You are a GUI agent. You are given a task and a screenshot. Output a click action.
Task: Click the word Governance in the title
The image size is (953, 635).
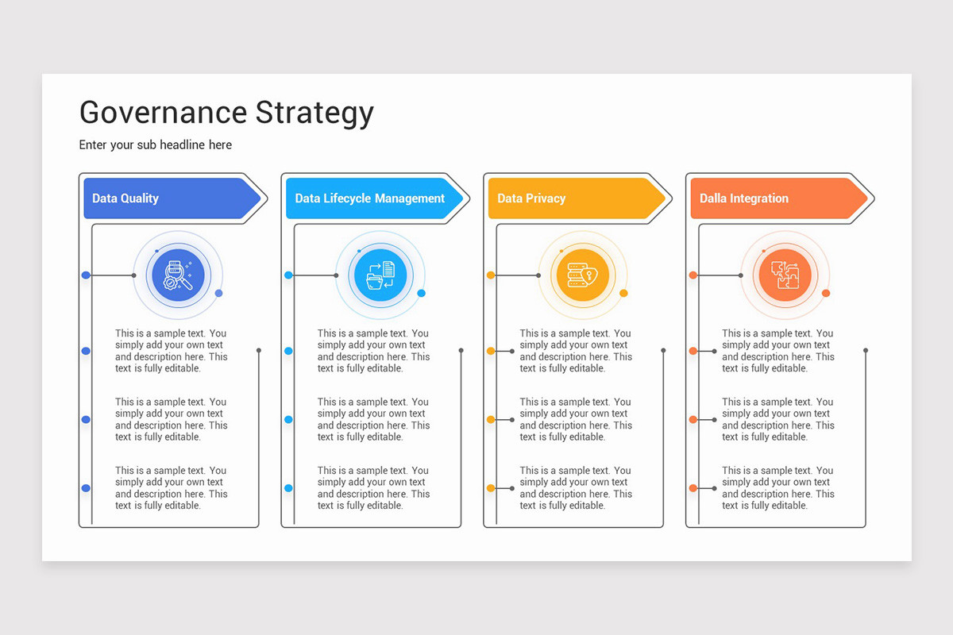(162, 113)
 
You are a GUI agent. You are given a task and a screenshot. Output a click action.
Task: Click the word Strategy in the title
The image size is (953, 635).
(314, 113)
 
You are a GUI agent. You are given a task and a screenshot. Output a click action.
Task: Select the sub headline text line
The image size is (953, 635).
(156, 144)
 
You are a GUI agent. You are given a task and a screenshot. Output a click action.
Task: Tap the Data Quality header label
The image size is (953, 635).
(125, 198)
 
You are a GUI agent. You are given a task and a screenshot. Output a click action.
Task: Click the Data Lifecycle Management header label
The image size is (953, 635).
(369, 198)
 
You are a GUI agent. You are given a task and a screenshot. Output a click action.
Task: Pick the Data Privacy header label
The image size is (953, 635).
(531, 198)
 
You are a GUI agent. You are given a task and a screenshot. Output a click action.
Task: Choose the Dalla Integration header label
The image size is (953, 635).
(744, 198)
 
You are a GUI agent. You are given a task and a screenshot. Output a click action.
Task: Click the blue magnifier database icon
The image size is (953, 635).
(178, 275)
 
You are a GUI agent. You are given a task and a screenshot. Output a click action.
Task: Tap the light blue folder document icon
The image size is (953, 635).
(380, 275)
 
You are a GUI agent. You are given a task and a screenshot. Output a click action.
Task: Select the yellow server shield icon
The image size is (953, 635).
(583, 275)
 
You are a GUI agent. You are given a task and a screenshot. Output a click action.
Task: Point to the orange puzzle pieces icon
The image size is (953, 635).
(785, 275)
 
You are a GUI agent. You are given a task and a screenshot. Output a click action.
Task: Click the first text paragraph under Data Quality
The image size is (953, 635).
(171, 351)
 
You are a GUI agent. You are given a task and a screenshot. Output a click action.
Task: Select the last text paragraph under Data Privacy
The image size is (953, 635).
(576, 487)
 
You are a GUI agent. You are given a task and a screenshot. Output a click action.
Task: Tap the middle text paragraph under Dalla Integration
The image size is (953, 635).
(778, 419)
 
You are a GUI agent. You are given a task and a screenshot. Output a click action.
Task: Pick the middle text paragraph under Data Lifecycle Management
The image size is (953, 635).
(373, 419)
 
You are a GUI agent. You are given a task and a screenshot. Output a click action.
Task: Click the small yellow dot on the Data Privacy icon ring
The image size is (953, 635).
(623, 293)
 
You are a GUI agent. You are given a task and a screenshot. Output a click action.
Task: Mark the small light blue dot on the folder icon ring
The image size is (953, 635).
(422, 293)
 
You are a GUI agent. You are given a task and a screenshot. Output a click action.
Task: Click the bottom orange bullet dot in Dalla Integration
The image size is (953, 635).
(693, 487)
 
